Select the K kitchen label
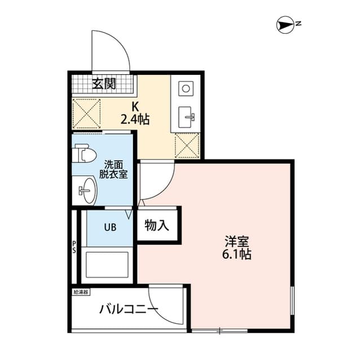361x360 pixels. pyautogui.click(x=135, y=106)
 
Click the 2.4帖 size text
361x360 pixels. pyautogui.click(x=135, y=119)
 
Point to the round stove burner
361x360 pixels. pyautogui.click(x=186, y=88)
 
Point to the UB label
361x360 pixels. pyautogui.click(x=109, y=228)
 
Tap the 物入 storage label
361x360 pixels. pyautogui.click(x=157, y=226)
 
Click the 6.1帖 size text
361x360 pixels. pyautogui.click(x=237, y=254)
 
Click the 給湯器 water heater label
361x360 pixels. pyautogui.click(x=81, y=292)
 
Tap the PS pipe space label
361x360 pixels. pyautogui.click(x=74, y=247)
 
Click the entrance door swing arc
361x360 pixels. pyautogui.click(x=111, y=48)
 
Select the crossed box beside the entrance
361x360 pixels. pyautogui.click(x=86, y=112)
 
